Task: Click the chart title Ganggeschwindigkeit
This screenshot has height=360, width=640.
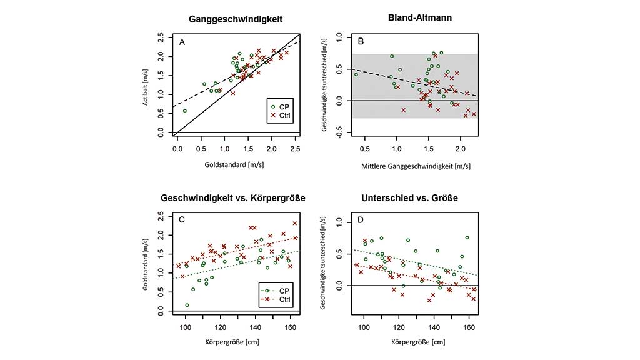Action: click(x=236, y=19)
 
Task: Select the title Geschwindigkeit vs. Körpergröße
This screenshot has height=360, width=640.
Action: click(x=236, y=198)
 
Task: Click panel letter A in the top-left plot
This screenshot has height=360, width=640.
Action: click(x=182, y=42)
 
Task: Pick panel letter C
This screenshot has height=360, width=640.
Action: click(x=182, y=220)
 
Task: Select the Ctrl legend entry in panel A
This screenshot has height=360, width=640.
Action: click(x=284, y=115)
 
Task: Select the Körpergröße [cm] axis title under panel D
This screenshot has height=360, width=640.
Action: click(x=415, y=341)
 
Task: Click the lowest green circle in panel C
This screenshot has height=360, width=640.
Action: click(x=187, y=305)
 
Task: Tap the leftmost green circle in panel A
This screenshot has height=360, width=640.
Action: click(x=184, y=111)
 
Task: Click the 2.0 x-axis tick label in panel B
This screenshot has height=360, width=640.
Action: click(x=461, y=149)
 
